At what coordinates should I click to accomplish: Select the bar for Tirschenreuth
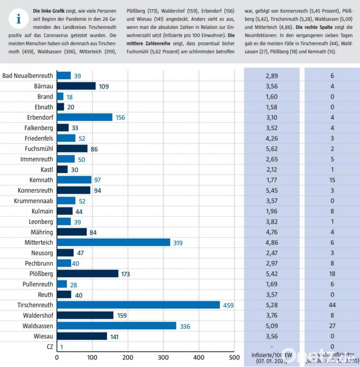click(138, 305)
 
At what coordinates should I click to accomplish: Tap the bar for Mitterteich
click(113, 242)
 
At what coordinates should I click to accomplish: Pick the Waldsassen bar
click(116, 326)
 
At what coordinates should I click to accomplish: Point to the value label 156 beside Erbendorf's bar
click(120, 117)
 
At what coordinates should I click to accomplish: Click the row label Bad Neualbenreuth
click(28, 76)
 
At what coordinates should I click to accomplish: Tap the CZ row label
click(49, 347)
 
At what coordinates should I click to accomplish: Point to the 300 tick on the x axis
click(163, 357)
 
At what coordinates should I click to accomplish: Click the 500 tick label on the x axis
click(234, 357)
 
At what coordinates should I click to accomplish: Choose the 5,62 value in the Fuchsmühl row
click(272, 149)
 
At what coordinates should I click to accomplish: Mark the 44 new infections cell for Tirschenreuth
click(332, 305)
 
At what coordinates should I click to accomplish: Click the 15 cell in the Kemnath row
click(332, 180)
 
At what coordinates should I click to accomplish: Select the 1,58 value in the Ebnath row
click(272, 107)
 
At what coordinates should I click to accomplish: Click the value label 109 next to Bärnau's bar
click(104, 86)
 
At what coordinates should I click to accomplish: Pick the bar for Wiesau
click(82, 336)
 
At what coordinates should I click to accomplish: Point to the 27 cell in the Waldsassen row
click(332, 326)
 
